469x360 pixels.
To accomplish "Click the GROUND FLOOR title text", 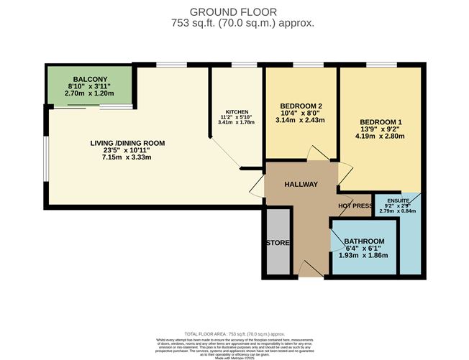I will (x=234, y=11).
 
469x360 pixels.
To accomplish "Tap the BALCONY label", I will (x=89, y=79).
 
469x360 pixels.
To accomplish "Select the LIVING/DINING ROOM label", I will (x=128, y=144).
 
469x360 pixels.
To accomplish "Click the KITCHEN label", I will (x=237, y=113).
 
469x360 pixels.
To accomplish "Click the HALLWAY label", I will (x=300, y=185).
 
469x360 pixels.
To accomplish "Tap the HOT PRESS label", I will (x=355, y=206).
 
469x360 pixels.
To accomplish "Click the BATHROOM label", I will (x=363, y=241).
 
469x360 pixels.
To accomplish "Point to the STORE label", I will (x=277, y=243).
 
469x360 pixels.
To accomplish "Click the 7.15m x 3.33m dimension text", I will (x=128, y=159).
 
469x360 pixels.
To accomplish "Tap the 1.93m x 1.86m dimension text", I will (x=363, y=255).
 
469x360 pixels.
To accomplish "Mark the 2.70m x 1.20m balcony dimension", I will (x=89, y=93).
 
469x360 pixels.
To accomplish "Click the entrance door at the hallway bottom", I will (x=310, y=270).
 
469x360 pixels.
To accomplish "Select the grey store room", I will (x=277, y=241).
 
